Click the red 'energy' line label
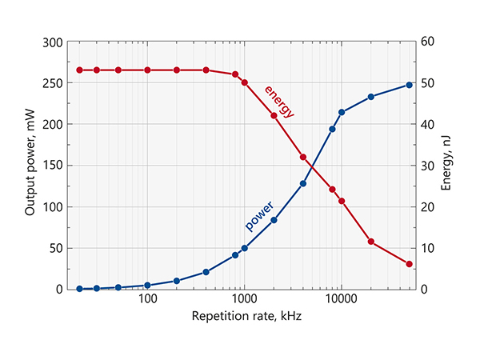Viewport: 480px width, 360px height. pyautogui.click(x=279, y=101)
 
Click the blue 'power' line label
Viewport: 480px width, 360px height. pyautogui.click(x=258, y=215)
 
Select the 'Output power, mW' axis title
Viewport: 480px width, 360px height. pyautogui.click(x=30, y=166)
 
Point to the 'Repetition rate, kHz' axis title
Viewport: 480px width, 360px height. pyautogui.click(x=244, y=316)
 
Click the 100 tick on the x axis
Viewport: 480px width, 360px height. pyautogui.click(x=147, y=300)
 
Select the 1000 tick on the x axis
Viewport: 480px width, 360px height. pyautogui.click(x=244, y=300)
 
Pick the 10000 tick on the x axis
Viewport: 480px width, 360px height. pyautogui.click(x=341, y=300)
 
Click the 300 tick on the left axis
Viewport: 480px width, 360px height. pyautogui.click(x=52, y=42)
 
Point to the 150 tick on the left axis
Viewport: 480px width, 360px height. pyautogui.click(x=52, y=166)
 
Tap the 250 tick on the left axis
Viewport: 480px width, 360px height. pyautogui.click(x=52, y=83)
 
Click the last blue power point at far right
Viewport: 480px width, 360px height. pyautogui.click(x=409, y=85)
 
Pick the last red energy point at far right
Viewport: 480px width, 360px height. pyautogui.click(x=409, y=264)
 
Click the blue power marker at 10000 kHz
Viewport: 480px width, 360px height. pyautogui.click(x=342, y=112)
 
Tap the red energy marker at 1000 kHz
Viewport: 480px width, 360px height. pyautogui.click(x=244, y=82)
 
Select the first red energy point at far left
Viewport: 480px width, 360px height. pyautogui.click(x=80, y=70)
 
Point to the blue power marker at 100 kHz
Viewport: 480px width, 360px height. pyautogui.click(x=147, y=285)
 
